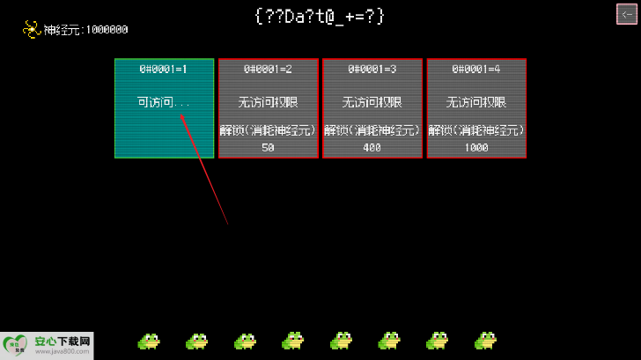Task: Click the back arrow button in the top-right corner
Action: tap(626, 14)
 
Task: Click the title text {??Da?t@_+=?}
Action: tap(319, 16)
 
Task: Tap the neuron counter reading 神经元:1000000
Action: tap(86, 30)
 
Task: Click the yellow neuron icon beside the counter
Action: tap(32, 29)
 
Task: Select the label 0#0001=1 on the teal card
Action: tap(164, 69)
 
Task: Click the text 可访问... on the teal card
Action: tap(164, 102)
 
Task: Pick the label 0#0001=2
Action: tap(268, 69)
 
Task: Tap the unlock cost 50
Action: tap(268, 148)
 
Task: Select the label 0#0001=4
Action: tap(476, 69)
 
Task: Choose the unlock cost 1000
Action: tap(476, 148)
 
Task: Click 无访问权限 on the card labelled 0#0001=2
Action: tap(268, 102)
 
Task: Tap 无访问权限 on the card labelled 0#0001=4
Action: tap(476, 102)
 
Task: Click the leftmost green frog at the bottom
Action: tap(149, 341)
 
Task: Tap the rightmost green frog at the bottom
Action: tap(485, 341)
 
